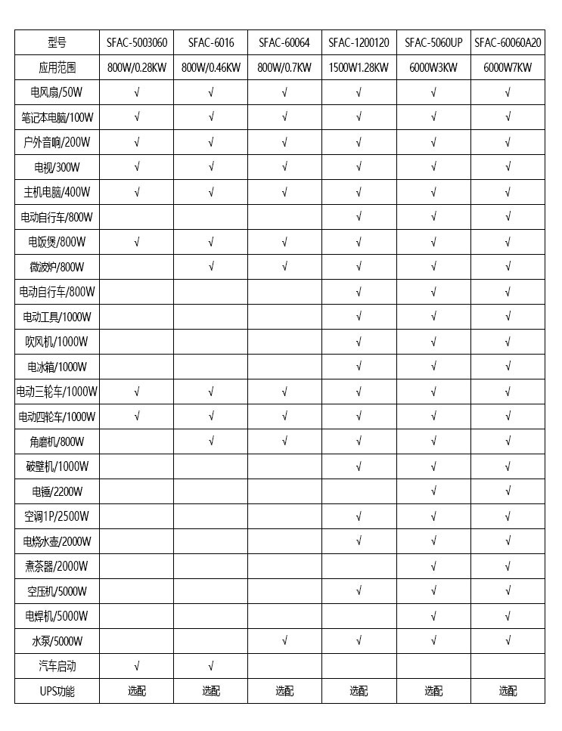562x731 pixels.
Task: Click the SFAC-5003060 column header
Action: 136,42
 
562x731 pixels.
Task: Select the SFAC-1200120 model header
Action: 359,42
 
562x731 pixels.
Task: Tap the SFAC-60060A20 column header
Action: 508,42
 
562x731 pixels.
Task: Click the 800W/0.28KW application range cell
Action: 136,67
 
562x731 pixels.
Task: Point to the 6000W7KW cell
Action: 508,67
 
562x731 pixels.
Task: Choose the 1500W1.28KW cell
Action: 359,67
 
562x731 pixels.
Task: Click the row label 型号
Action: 57,42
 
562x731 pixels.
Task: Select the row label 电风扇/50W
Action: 57,92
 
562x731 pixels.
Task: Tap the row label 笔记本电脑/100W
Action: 57,117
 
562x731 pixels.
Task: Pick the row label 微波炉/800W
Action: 57,267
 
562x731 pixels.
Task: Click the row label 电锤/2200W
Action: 57,491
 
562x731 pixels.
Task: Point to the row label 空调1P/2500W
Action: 57,516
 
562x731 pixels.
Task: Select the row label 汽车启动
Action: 57,666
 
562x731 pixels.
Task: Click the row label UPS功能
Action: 57,691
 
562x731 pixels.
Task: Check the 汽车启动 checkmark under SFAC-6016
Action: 211,666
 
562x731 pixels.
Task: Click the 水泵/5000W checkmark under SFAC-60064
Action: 284,641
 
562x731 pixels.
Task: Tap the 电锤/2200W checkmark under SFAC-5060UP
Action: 433,491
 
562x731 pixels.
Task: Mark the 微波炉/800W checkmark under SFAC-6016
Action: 211,267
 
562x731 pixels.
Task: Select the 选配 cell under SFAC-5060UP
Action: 433,691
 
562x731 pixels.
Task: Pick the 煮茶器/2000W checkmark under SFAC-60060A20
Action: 508,566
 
